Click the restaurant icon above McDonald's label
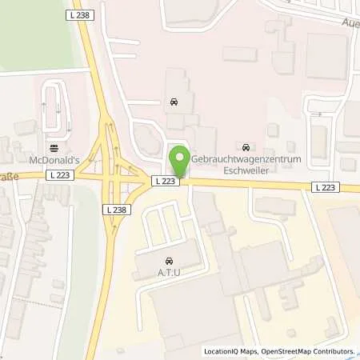(54, 147)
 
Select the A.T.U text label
(170, 273)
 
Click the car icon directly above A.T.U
(170, 261)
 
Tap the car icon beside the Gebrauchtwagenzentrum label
(246, 146)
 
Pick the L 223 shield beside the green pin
(164, 182)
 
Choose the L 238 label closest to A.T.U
(115, 209)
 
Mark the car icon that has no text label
(174, 102)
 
